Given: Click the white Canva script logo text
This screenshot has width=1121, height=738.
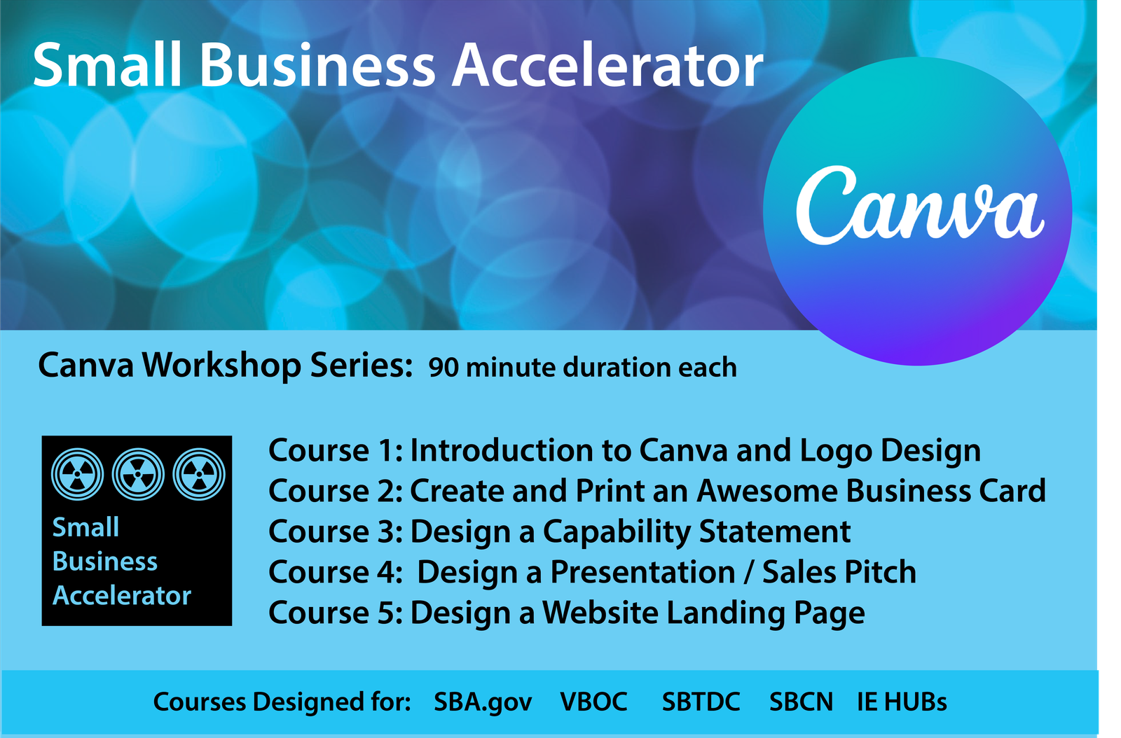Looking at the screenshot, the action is (x=920, y=205).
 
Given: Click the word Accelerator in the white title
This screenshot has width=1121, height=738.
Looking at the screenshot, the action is (x=607, y=66).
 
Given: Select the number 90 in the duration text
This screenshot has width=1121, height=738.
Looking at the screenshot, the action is (x=443, y=368).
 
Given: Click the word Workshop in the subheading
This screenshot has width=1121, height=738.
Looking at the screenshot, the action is (x=221, y=365).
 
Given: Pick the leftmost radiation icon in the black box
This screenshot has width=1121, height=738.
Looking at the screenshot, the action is (x=78, y=474).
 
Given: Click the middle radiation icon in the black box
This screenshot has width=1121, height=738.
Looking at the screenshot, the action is (x=138, y=474).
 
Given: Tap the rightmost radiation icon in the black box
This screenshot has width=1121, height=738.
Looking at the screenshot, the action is (x=199, y=474).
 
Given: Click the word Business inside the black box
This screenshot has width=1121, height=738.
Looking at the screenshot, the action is (x=105, y=562).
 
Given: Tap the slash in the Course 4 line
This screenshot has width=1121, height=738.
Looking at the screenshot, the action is (x=748, y=572).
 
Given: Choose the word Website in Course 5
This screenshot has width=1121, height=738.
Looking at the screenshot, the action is (x=600, y=613).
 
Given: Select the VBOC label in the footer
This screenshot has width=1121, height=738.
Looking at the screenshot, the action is (x=593, y=702).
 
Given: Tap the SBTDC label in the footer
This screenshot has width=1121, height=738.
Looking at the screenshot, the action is (x=701, y=702).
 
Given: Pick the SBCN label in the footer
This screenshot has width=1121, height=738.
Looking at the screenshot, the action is (x=802, y=702).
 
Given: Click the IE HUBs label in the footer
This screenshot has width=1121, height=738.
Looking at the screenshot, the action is (x=902, y=702).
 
